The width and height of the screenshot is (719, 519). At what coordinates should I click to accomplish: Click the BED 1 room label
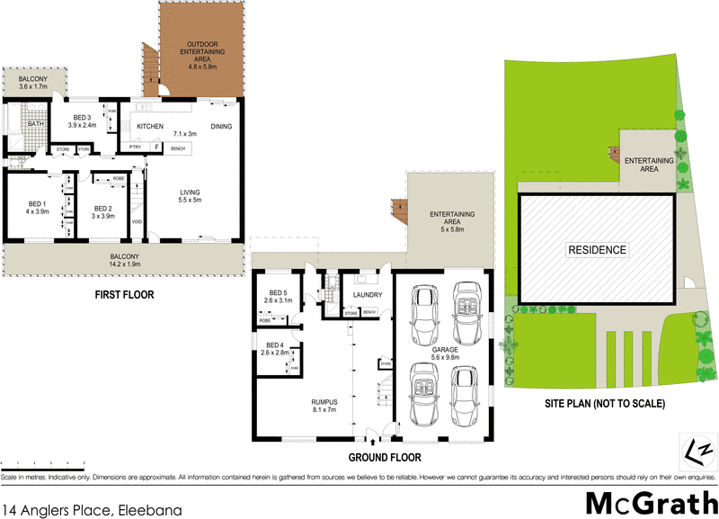37,203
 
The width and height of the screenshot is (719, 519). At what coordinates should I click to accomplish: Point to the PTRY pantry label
136,147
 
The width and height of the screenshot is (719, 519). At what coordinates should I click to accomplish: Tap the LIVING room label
190,191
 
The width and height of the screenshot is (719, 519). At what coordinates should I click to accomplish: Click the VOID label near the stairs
137,221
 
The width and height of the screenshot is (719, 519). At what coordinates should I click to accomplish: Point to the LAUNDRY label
368,295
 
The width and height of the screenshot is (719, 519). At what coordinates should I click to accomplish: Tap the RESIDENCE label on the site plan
597,250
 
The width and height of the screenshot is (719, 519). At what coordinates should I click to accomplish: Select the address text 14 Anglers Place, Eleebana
92,510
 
